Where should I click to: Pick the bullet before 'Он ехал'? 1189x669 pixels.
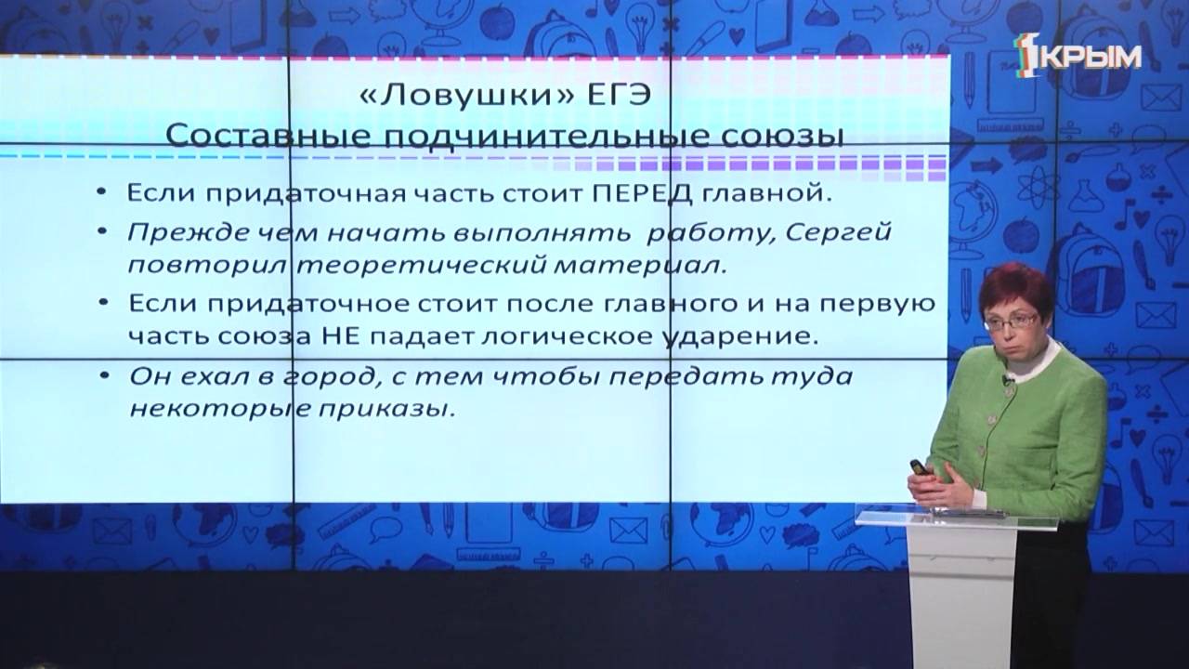(111, 376)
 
